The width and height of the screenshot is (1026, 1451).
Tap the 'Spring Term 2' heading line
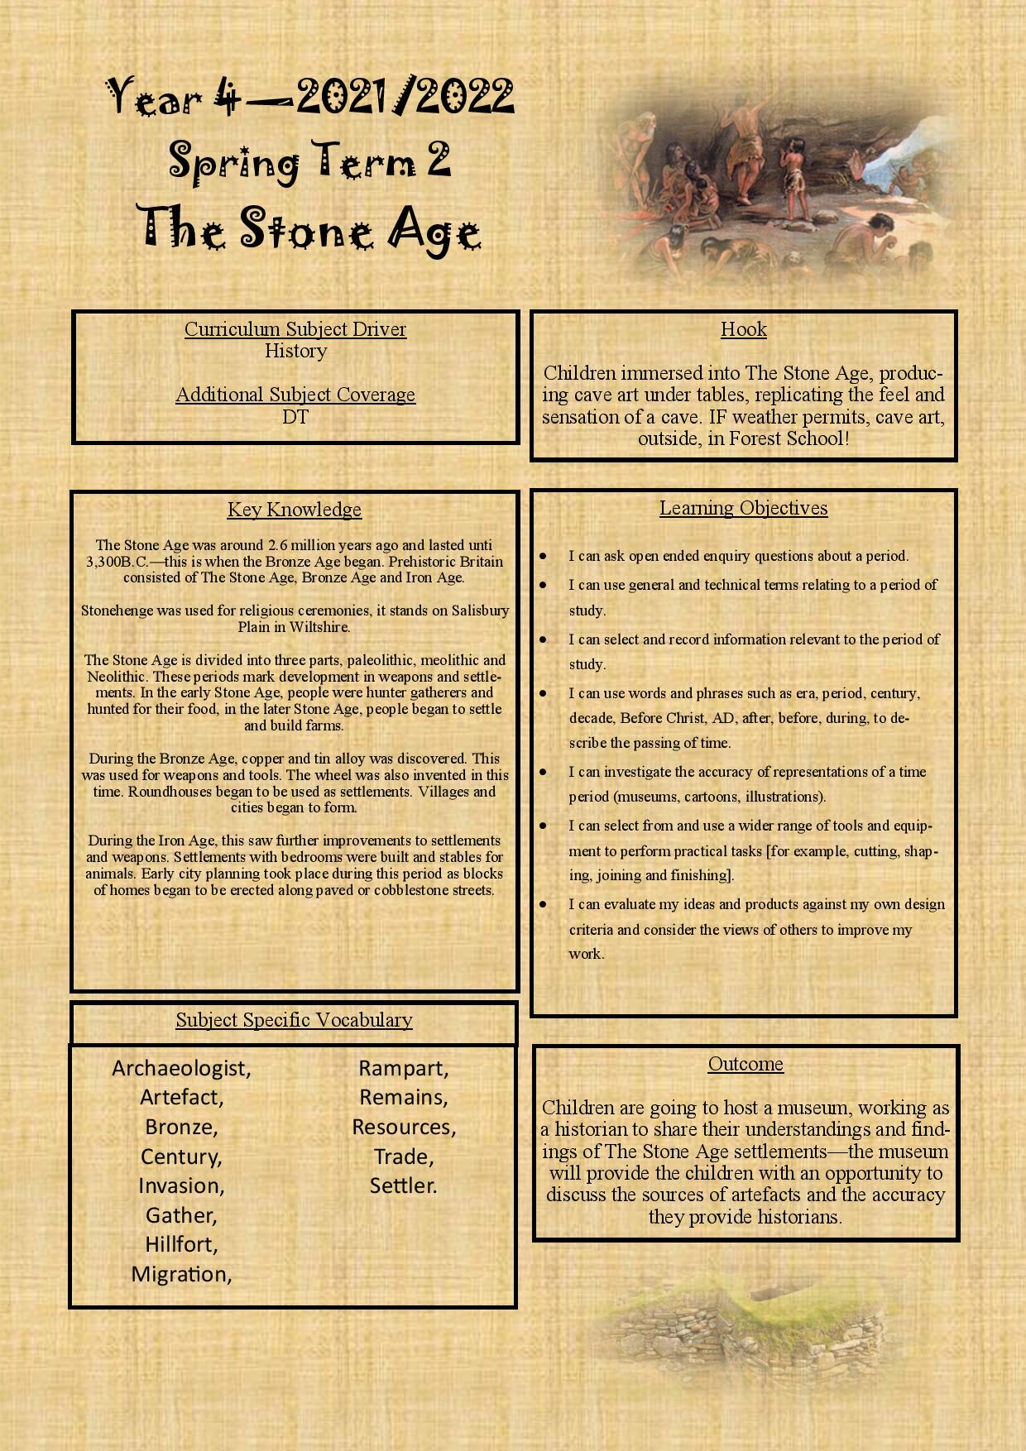coord(310,160)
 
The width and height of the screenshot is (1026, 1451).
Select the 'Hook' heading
coord(743,329)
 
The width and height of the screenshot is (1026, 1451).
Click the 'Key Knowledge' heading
coord(295,510)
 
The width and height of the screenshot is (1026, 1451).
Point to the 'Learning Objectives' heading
coord(743,508)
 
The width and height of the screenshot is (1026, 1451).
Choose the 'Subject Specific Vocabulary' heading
coord(294,1020)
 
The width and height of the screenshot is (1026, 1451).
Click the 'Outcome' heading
coord(746,1064)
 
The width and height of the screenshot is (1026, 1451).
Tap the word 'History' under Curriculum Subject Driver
coord(295,351)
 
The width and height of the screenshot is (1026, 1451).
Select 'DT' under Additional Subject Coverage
coord(295,417)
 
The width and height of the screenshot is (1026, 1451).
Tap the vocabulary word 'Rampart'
coord(402,1068)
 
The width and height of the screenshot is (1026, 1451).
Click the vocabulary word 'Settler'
coord(402,1185)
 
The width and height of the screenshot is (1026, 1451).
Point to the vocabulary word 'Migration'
coord(180,1274)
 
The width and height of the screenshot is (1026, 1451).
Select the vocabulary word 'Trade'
coord(402,1156)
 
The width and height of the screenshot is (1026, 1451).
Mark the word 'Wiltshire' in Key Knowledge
coord(319,627)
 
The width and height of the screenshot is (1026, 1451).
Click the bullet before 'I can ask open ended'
coord(543,556)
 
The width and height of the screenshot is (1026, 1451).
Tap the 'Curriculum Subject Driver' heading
coord(295,329)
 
